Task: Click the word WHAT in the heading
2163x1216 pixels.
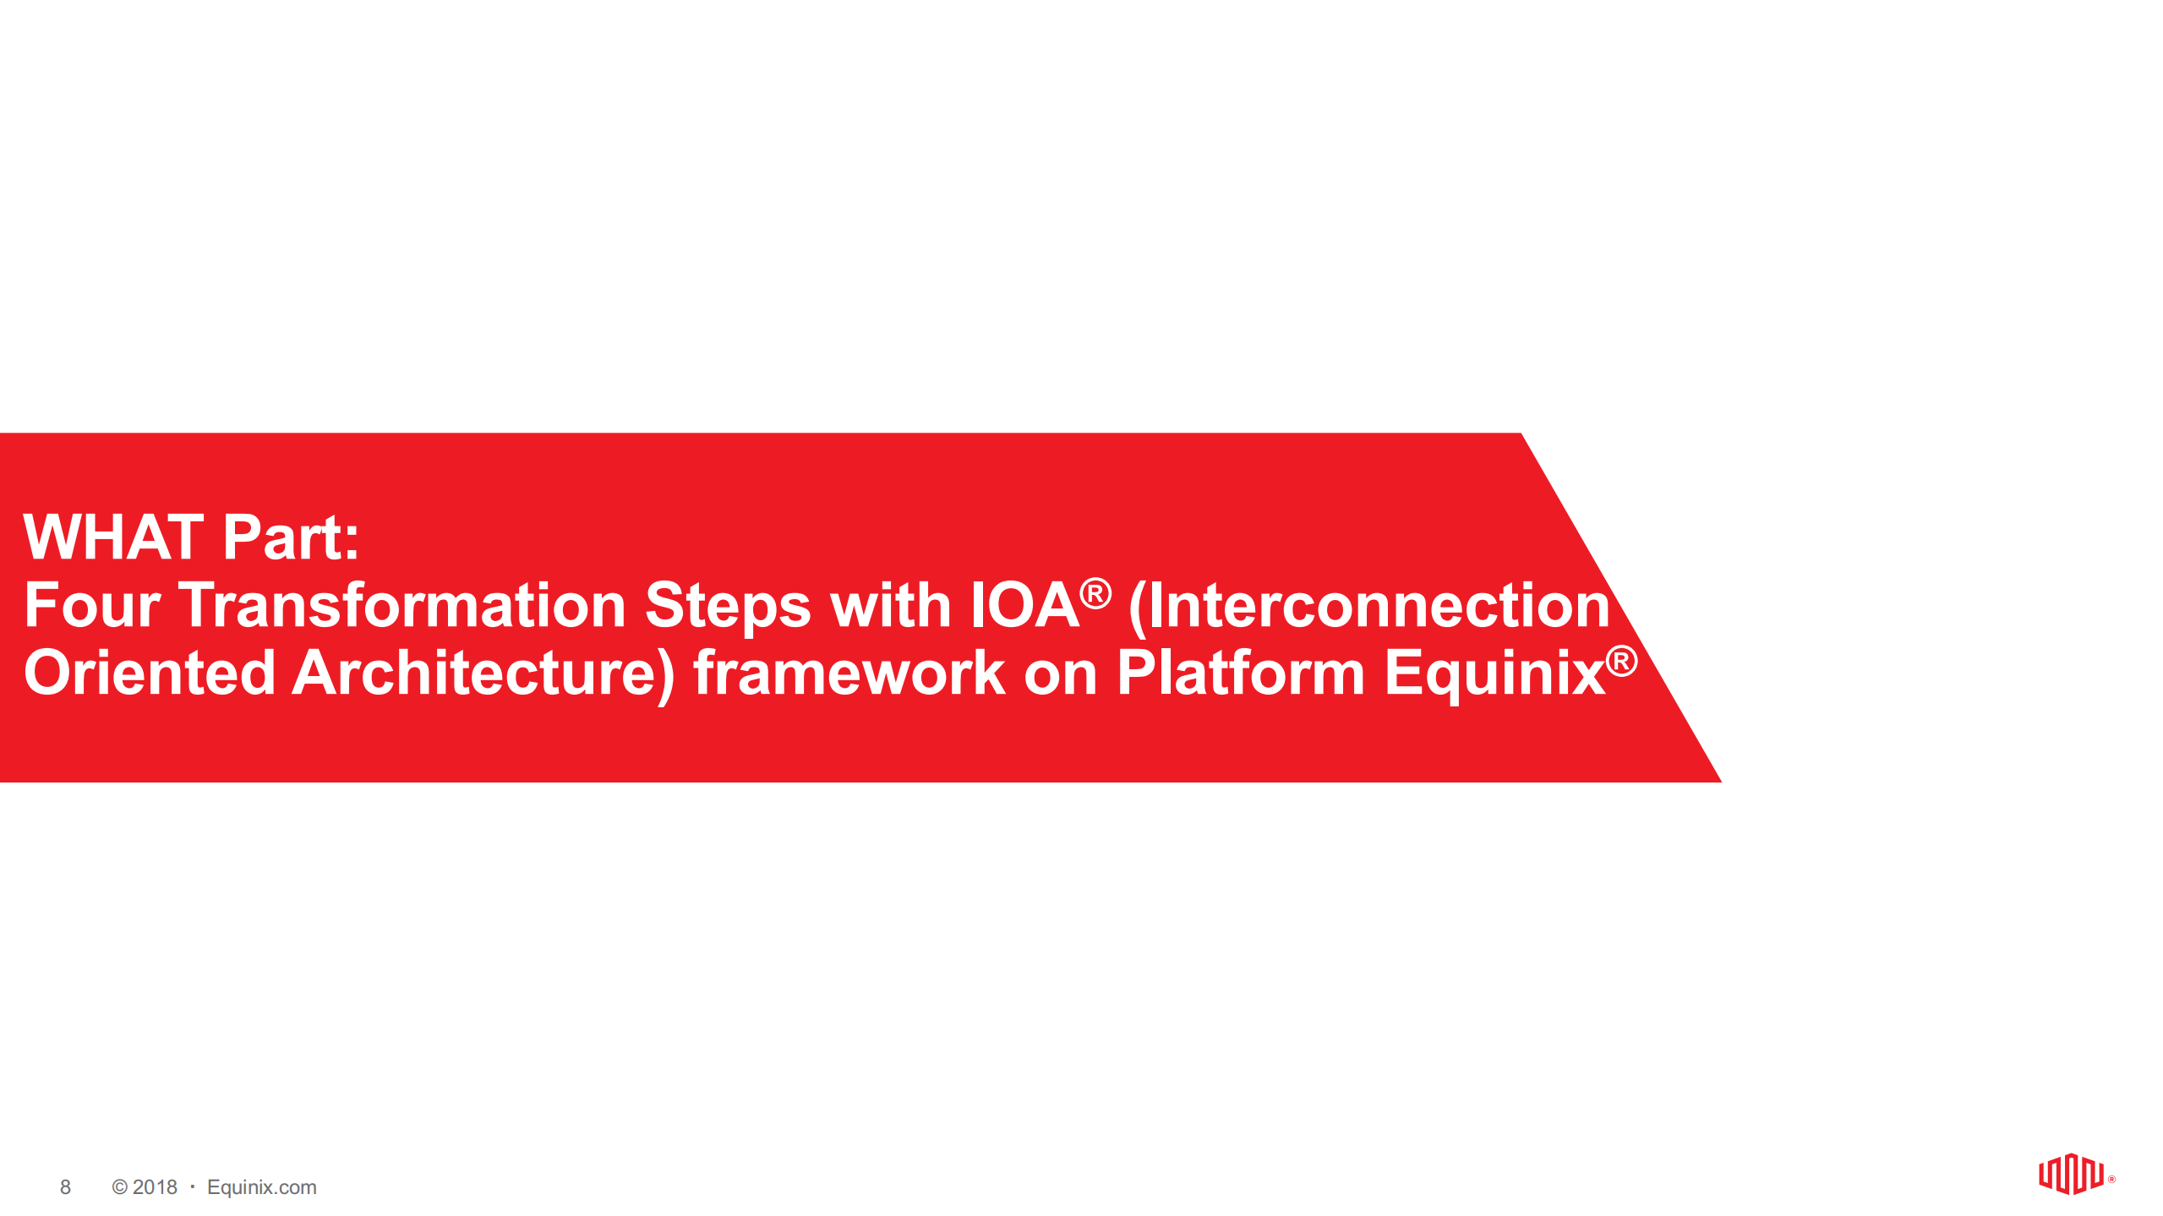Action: pyautogui.click(x=113, y=537)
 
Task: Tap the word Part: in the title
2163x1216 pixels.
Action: pyautogui.click(x=291, y=537)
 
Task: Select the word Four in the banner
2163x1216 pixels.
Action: pyautogui.click(x=91, y=605)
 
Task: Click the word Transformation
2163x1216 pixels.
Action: pyautogui.click(x=401, y=605)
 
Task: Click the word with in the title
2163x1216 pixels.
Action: pyautogui.click(x=890, y=605)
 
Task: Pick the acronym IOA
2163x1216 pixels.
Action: pyautogui.click(x=1024, y=605)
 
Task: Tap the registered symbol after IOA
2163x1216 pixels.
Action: pyautogui.click(x=1095, y=593)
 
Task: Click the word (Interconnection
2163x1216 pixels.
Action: pyautogui.click(x=1369, y=605)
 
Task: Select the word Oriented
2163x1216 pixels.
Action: pyautogui.click(x=150, y=673)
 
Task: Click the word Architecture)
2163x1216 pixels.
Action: pyautogui.click(x=483, y=673)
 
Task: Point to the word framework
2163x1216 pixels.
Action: pyautogui.click(x=849, y=673)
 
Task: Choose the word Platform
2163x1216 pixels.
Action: pyautogui.click(x=1240, y=673)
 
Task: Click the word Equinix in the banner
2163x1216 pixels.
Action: pyautogui.click(x=1494, y=673)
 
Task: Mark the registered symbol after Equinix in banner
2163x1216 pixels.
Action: pyautogui.click(x=1621, y=661)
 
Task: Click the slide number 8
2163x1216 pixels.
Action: pyautogui.click(x=65, y=1187)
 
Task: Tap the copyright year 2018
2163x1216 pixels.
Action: pyautogui.click(x=155, y=1187)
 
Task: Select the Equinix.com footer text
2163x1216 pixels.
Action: pyautogui.click(x=261, y=1187)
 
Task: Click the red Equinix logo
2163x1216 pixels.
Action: pyautogui.click(x=2070, y=1174)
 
